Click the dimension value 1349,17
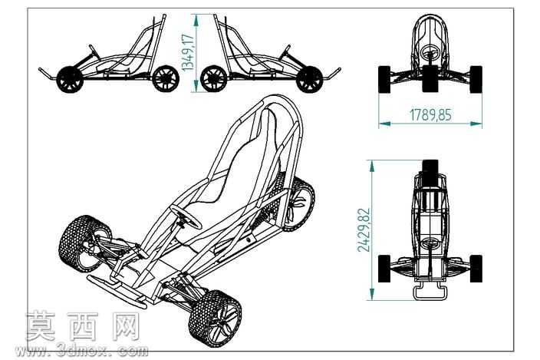(189, 51)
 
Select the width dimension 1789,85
(430, 114)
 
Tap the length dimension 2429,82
(364, 230)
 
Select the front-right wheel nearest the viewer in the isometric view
(215, 318)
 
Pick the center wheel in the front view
(430, 78)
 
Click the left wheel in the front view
(384, 79)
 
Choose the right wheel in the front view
(476, 79)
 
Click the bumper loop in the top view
(430, 292)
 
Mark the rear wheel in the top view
(430, 171)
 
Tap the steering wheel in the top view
(430, 243)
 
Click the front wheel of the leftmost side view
(70, 79)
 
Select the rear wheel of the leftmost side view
(166, 78)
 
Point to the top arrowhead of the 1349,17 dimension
(196, 20)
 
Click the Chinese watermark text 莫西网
(83, 326)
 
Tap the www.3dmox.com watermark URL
(82, 350)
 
